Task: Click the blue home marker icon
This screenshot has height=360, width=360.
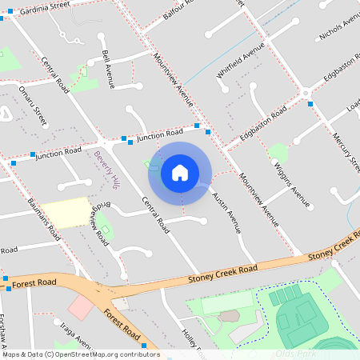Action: [x=180, y=172]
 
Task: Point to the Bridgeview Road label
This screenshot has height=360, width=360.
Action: [x=98, y=223]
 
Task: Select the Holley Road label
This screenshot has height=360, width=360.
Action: [x=192, y=339]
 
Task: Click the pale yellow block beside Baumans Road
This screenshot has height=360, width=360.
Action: [x=66, y=212]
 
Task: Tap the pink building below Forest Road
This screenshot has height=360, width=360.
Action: [x=81, y=307]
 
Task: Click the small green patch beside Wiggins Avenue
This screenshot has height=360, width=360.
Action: [x=278, y=152]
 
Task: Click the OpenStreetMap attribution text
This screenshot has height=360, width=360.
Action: [x=80, y=354]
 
